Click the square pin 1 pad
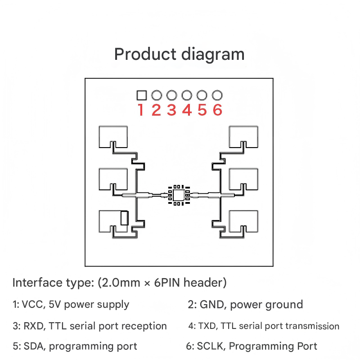click(x=141, y=95)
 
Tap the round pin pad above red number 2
click(x=157, y=95)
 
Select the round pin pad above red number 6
click(x=217, y=95)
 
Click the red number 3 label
click(x=171, y=110)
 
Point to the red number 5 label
click(x=202, y=110)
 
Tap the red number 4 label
click(x=187, y=110)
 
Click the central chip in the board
click(x=179, y=195)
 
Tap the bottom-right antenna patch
click(x=244, y=220)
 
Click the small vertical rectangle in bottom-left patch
click(x=124, y=218)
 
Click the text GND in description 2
click(x=210, y=305)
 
